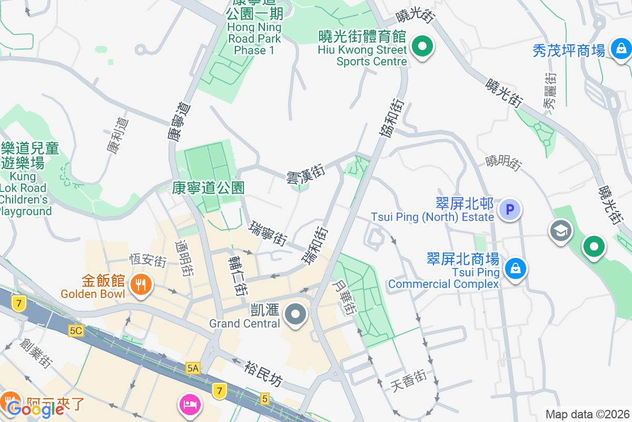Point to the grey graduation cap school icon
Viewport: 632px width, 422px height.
[560, 231]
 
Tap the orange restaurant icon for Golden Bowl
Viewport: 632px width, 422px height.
[140, 285]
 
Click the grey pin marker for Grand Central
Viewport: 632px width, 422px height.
[295, 315]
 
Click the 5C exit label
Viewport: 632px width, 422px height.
[76, 331]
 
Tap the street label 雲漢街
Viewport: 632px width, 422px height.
[305, 174]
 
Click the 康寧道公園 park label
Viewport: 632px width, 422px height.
[209, 187]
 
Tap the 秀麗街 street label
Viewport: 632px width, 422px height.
[550, 91]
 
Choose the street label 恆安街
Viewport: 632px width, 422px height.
[149, 260]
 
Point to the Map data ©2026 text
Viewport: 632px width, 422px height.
[587, 414]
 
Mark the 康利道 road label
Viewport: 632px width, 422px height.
[117, 136]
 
